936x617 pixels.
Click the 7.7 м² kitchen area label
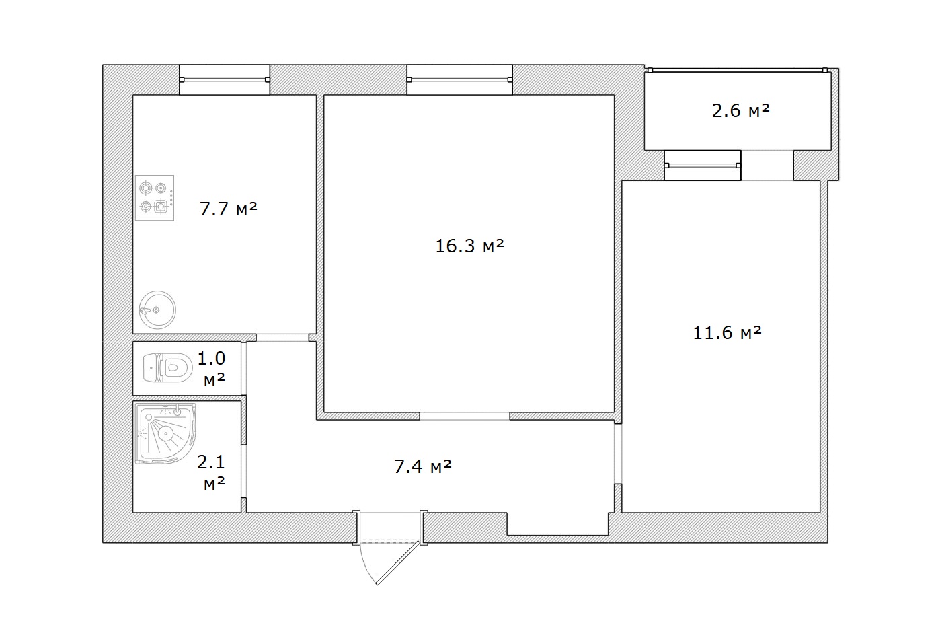point(229,209)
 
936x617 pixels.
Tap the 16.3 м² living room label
point(469,246)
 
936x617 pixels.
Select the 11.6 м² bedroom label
point(728,333)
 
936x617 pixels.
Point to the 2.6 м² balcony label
point(741,111)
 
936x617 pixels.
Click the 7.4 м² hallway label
point(423,466)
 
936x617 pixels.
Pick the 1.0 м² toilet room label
point(212,369)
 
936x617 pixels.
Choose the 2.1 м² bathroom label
point(212,472)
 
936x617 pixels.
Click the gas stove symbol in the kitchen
point(155,198)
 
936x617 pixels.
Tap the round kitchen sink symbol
point(157,310)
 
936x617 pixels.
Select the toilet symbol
point(167,368)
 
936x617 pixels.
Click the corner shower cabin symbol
point(165,434)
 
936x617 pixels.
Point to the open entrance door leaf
point(398,562)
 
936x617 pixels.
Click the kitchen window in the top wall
point(225,80)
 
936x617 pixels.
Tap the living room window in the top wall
point(460,80)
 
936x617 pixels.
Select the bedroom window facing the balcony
point(703,166)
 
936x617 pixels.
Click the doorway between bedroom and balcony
point(767,166)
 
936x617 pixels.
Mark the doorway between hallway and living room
point(465,416)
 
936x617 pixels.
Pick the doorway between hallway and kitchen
point(282,338)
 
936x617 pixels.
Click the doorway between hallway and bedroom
point(618,453)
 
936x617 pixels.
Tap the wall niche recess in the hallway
point(558,523)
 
